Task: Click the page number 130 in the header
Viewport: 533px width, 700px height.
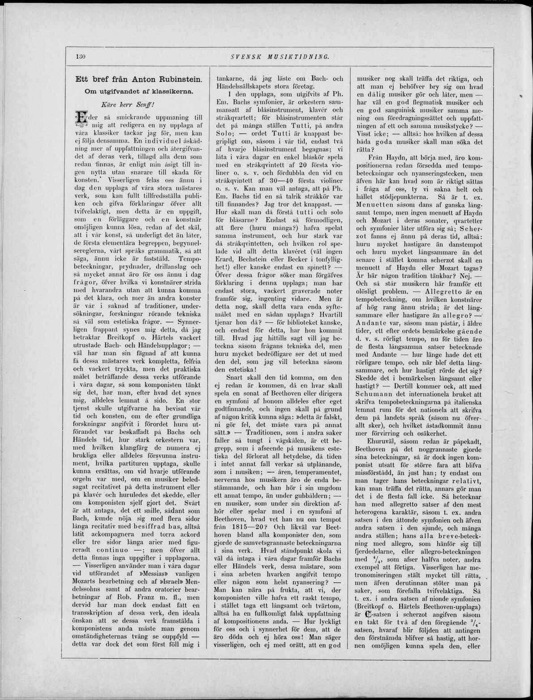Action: click(x=81, y=57)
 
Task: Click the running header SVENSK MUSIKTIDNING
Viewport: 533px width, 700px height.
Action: click(x=280, y=57)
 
